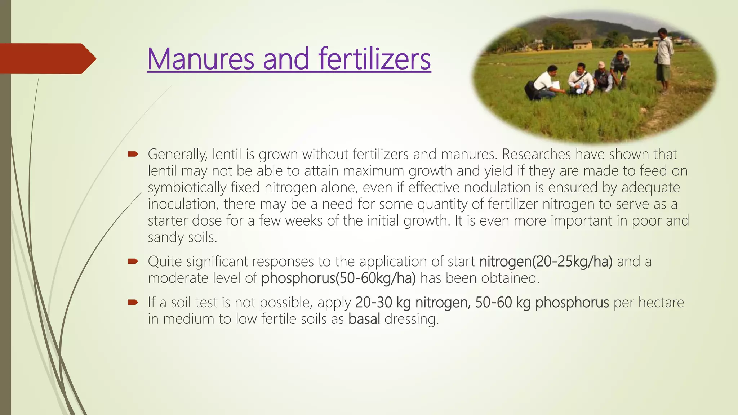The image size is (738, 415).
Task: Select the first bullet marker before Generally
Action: [x=133, y=155]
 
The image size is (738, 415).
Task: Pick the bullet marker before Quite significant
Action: [x=133, y=262]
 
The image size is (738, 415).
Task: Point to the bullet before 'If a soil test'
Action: [x=133, y=302]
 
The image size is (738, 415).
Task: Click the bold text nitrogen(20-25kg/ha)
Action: [x=546, y=262]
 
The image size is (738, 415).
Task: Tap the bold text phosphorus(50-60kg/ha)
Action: [x=338, y=278]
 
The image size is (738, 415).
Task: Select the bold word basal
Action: [x=364, y=319]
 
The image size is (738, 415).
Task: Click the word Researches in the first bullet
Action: [x=536, y=154]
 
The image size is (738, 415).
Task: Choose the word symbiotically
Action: [x=187, y=188]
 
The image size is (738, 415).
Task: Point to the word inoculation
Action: [x=183, y=204]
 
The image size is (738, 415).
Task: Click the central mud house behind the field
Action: [x=582, y=44]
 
